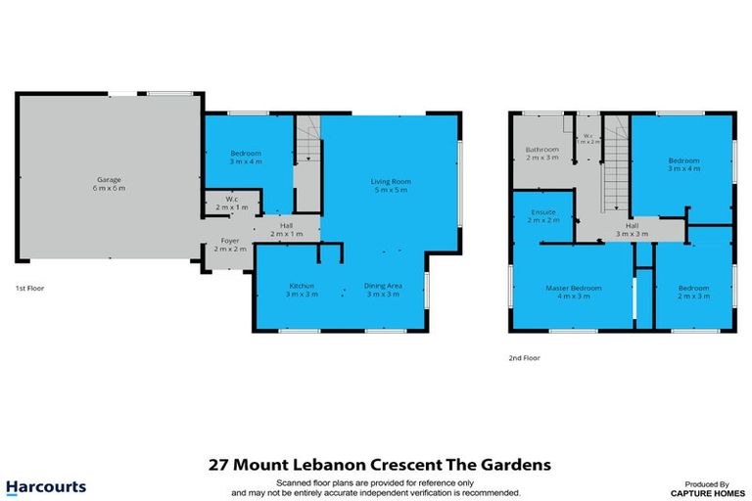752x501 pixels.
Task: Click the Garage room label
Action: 110,179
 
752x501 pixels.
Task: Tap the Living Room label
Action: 390,181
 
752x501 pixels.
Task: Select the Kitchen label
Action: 301,285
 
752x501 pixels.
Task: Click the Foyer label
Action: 230,241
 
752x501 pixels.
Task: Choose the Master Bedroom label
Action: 574,288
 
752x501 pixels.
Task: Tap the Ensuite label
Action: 544,212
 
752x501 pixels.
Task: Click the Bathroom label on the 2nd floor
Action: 542,150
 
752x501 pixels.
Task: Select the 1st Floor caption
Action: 28,289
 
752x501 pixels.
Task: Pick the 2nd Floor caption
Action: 524,358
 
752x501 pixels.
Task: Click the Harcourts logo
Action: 46,486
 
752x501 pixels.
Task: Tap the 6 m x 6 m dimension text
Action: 110,188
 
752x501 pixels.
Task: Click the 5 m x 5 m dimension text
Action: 390,190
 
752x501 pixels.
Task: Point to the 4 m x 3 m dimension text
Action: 574,296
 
